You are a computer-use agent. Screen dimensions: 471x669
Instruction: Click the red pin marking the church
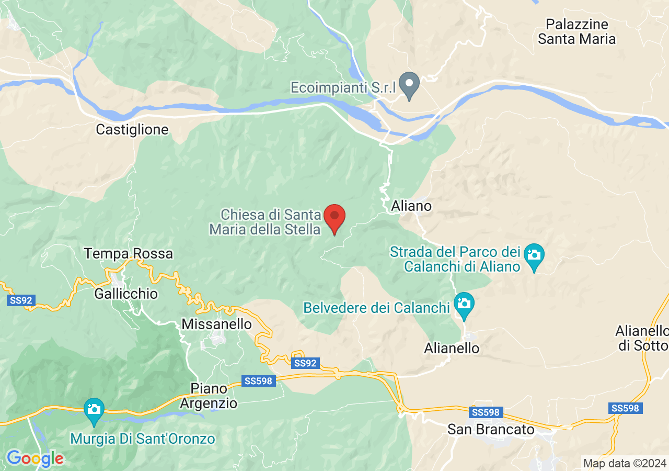[x=334, y=218]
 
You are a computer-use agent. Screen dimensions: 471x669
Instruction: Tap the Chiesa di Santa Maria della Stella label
[x=265, y=222]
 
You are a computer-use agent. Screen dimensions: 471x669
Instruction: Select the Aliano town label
[x=412, y=206]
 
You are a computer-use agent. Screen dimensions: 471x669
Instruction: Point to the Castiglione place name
[x=132, y=130]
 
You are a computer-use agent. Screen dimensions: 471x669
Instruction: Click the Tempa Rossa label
[x=129, y=254]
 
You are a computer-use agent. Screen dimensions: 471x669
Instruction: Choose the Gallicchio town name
[x=126, y=294]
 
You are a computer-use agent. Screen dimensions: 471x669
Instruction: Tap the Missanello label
[x=216, y=324]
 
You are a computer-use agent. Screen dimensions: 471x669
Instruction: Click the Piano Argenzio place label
[x=209, y=396]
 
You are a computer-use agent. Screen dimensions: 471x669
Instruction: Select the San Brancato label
[x=491, y=430]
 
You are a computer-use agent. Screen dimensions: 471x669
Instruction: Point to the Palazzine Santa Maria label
[x=577, y=31]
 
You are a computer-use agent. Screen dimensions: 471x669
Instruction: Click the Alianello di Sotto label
[x=642, y=338]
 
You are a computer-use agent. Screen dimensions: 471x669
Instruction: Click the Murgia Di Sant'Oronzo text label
[x=143, y=439]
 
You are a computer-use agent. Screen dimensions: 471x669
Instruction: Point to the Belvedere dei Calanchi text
[x=376, y=308]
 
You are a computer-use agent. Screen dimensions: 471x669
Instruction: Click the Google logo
[x=34, y=459]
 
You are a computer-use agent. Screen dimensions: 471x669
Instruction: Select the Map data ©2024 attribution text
[x=625, y=463]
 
